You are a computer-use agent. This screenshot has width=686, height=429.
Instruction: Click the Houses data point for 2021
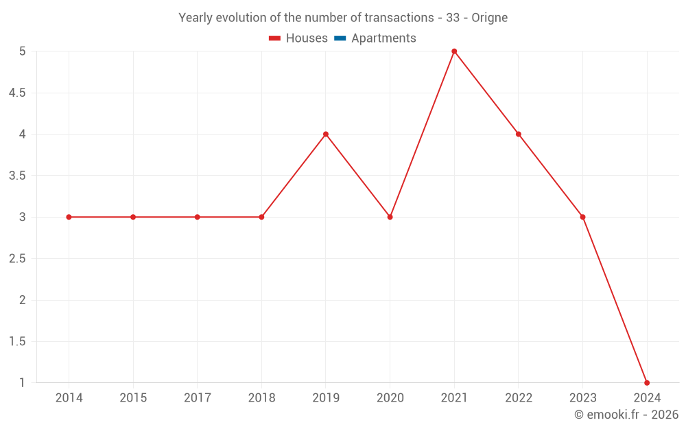click(454, 51)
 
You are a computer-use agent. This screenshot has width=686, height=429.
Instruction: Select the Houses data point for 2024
click(647, 382)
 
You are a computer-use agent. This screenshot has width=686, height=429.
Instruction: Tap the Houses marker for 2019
click(326, 134)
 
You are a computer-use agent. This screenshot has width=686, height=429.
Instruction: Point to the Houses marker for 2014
click(69, 217)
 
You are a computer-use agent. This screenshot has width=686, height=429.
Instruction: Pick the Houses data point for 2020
click(390, 217)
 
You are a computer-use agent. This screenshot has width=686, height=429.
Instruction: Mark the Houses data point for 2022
click(519, 134)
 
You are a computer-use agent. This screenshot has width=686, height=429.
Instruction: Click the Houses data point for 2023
click(582, 217)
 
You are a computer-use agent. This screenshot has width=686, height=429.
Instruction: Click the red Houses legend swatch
click(275, 38)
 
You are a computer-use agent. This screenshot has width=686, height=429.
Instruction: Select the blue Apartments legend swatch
click(340, 38)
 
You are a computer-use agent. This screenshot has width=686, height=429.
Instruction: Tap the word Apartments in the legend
click(383, 38)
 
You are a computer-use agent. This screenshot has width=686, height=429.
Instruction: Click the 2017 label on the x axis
click(198, 397)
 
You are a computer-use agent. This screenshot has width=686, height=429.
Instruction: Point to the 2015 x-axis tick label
click(133, 397)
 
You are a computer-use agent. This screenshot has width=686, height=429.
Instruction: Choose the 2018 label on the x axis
click(261, 397)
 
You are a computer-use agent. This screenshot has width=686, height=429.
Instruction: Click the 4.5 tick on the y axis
click(17, 93)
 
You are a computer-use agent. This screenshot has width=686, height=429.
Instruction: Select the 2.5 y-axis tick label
click(17, 259)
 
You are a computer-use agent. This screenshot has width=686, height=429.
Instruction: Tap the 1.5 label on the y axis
click(17, 341)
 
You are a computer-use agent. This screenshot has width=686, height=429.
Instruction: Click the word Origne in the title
click(490, 18)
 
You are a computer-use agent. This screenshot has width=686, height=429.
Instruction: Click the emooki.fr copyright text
click(626, 415)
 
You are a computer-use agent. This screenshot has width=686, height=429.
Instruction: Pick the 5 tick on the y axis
click(23, 51)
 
